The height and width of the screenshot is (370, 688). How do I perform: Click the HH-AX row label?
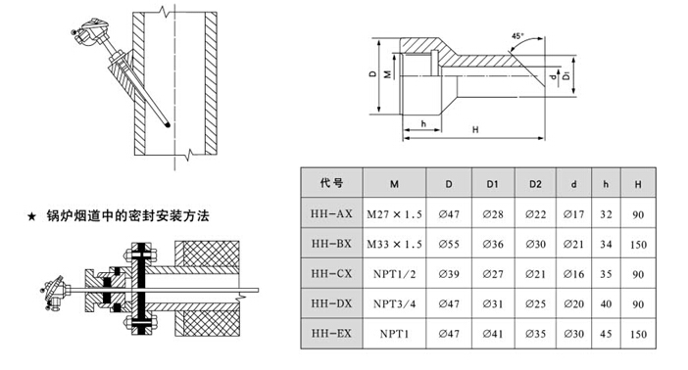[331, 213]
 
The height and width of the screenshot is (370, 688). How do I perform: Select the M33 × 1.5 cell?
[394, 244]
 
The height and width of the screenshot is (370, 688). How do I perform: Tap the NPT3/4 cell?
[394, 303]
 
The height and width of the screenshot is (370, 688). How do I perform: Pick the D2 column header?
[535, 184]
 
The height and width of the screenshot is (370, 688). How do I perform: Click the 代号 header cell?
[331, 183]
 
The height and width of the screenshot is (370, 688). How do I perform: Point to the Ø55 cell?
[449, 244]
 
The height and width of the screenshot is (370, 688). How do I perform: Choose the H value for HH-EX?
[638, 334]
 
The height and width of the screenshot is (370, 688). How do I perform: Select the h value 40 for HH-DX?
[606, 303]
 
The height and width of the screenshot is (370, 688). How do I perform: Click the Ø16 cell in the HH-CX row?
[573, 274]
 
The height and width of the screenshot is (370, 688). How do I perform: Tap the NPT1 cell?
[394, 334]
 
